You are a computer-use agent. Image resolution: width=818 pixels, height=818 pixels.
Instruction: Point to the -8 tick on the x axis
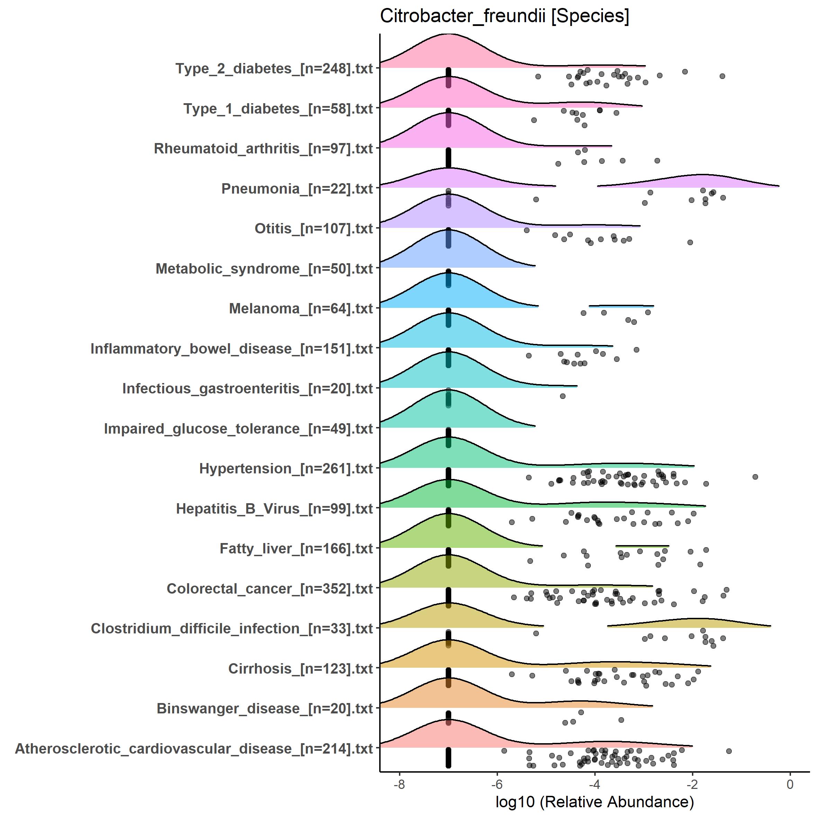coord(399,784)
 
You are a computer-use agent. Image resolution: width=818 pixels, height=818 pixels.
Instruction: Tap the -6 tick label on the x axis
coord(497,784)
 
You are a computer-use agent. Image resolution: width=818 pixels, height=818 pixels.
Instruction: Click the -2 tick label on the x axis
coord(692,784)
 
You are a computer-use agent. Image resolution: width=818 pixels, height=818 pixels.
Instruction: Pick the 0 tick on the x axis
coord(790,784)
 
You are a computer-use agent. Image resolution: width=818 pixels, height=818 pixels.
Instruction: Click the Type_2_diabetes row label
coord(274,69)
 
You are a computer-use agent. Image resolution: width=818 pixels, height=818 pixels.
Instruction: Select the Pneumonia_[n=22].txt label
coord(297,189)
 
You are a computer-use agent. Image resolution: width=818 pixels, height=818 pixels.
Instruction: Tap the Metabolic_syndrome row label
coord(264,269)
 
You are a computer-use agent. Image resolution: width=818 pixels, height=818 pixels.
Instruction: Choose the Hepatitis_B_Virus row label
coord(274,508)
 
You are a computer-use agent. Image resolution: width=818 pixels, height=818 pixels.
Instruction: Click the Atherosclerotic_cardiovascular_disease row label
coord(194,748)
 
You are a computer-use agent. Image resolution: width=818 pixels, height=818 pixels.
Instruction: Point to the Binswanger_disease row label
coord(265,708)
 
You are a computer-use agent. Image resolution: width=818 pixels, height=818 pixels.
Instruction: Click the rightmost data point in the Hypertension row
coord(755,477)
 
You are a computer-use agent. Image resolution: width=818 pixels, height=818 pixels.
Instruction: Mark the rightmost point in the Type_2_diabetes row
coord(722,76)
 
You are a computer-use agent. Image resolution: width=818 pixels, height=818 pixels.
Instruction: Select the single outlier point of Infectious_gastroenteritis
coord(563,396)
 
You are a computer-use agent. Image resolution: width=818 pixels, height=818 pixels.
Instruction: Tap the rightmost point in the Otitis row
coord(690,242)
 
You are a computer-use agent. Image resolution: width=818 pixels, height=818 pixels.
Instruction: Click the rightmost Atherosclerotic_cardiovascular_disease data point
coord(729,751)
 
